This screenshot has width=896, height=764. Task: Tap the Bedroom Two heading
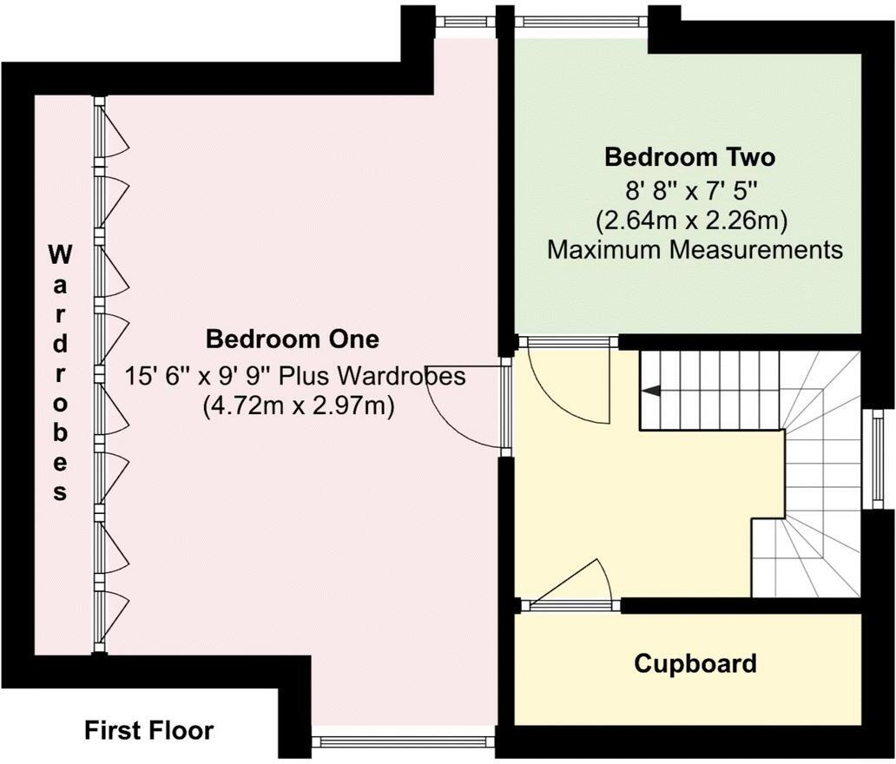click(x=689, y=158)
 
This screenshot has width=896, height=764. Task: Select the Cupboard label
click(x=695, y=664)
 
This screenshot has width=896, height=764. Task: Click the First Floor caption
click(x=148, y=731)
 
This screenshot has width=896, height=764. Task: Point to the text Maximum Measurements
click(x=695, y=251)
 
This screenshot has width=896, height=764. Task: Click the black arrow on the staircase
click(x=649, y=392)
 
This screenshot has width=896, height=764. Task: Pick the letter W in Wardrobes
click(x=59, y=254)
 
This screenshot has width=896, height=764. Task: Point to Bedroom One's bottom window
click(x=403, y=741)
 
